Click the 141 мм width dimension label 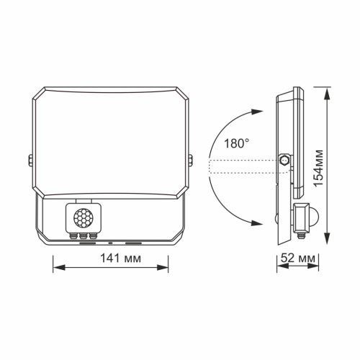tap(112, 256)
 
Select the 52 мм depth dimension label tap(297, 256)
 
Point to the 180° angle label tap(236, 143)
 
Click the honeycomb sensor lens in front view tap(81, 215)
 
